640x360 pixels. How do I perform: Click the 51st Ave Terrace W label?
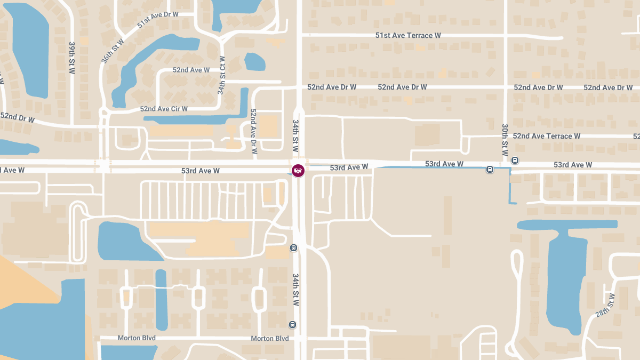(x=408, y=36)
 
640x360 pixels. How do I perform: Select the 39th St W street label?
(x=72, y=58)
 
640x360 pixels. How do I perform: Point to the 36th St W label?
(x=112, y=50)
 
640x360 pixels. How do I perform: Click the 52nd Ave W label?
(x=191, y=70)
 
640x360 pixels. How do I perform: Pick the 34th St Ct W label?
(x=221, y=75)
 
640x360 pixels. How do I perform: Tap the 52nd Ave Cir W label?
(x=164, y=109)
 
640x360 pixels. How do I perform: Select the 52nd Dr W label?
(x=17, y=118)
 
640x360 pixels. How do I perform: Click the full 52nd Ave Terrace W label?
(x=546, y=136)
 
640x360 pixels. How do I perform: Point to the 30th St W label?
(x=505, y=140)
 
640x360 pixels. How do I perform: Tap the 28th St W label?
(x=605, y=306)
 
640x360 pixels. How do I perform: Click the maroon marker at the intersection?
(x=298, y=171)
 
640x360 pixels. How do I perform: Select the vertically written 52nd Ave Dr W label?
(x=254, y=131)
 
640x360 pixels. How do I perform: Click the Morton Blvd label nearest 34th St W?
(x=269, y=339)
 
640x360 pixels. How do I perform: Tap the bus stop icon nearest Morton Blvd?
(x=292, y=325)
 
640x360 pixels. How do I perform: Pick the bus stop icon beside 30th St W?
(x=515, y=160)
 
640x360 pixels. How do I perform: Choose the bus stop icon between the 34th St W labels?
(x=293, y=247)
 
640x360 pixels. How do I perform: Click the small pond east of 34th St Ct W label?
(x=254, y=62)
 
